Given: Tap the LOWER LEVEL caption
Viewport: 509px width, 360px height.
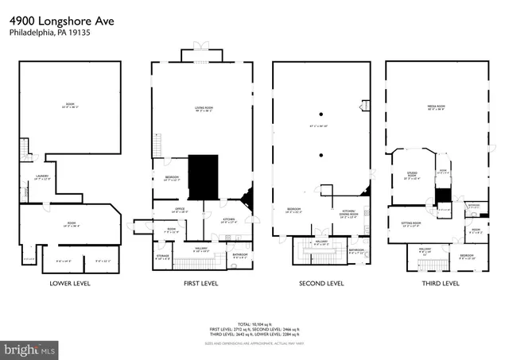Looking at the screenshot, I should (x=70, y=283).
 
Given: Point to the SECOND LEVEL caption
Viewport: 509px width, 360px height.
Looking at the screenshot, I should (x=321, y=283).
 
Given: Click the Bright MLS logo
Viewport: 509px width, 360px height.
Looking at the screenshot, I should (x=30, y=348).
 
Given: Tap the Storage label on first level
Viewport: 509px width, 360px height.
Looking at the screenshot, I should (x=161, y=256).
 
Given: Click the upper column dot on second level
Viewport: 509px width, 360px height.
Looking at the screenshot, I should (x=321, y=114).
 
